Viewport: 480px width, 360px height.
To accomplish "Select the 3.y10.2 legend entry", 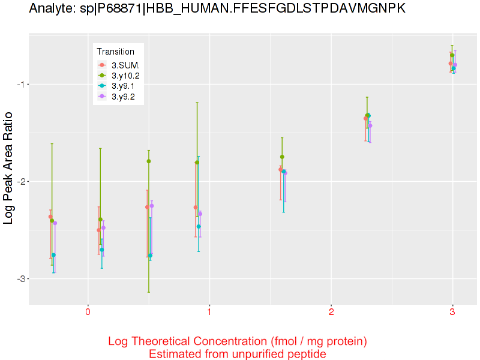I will point(125,76).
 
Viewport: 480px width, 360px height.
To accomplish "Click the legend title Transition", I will point(115,52).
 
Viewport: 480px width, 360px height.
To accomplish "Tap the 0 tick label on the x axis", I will point(88,313).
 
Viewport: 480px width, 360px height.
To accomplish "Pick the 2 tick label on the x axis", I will point(331,313).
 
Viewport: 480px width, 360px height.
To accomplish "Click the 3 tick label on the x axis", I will point(452,313).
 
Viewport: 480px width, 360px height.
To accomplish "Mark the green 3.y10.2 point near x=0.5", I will point(149,161).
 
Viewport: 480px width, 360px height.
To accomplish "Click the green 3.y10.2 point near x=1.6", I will point(282,157).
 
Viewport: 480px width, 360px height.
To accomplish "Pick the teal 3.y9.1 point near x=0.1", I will point(102,250).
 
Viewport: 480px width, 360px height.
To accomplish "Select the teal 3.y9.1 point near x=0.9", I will point(199,226).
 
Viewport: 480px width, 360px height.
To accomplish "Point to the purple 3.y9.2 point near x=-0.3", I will point(55,223).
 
